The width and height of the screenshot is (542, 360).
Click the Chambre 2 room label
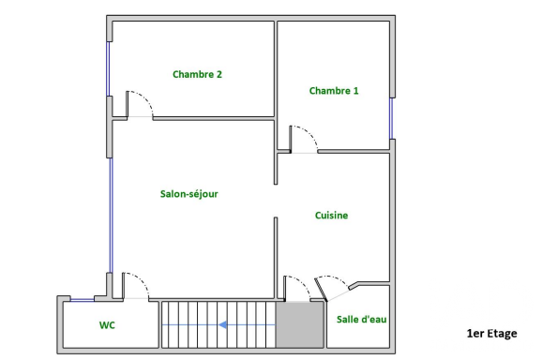pyautogui.click(x=197, y=74)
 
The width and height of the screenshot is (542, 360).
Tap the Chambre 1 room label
pyautogui.click(x=334, y=91)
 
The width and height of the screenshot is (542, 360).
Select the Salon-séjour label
pyautogui.click(x=189, y=194)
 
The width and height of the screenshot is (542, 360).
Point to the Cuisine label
pyautogui.click(x=331, y=216)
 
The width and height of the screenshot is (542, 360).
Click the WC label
pyautogui.click(x=107, y=325)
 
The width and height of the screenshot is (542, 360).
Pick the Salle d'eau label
pyautogui.click(x=362, y=320)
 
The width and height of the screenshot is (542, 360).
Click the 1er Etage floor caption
pyautogui.click(x=492, y=334)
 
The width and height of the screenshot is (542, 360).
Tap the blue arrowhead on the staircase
pyautogui.click(x=222, y=324)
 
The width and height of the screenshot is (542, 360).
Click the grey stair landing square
pyautogui.click(x=300, y=324)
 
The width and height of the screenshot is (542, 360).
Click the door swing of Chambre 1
pyautogui.click(x=310, y=134)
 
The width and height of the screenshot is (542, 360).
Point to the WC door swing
pyautogui.click(x=143, y=280)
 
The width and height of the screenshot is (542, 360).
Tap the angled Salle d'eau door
pyautogui.click(x=321, y=291)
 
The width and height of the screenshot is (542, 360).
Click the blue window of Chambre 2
pyautogui.click(x=108, y=68)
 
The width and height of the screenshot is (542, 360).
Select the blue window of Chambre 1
pyautogui.click(x=391, y=118)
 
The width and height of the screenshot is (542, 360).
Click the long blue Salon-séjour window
pyautogui.click(x=111, y=216)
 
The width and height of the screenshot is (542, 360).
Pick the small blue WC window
pyautogui.click(x=83, y=300)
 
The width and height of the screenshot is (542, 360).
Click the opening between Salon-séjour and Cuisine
pyautogui.click(x=276, y=201)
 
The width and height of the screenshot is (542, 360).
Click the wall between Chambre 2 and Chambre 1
pyautogui.click(x=276, y=69)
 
